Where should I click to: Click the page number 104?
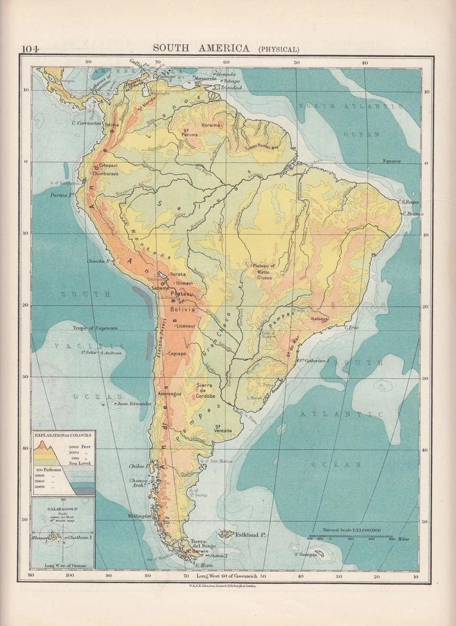click(31, 49)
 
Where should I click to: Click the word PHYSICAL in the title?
click(279, 50)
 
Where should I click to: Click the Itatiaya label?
click(319, 318)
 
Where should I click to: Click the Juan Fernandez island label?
click(134, 404)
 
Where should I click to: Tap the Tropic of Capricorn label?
click(98, 328)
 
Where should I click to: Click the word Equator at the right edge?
click(391, 161)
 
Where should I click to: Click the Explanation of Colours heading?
click(63, 435)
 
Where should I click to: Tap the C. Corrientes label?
click(85, 124)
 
